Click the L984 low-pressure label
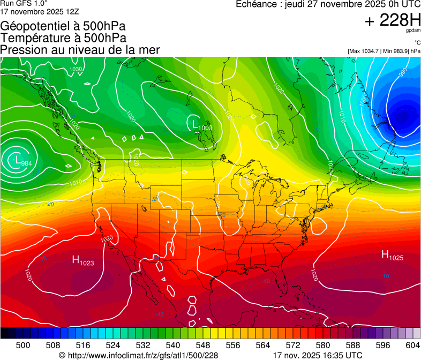(22, 161)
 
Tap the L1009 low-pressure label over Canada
(201, 126)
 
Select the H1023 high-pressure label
(82, 261)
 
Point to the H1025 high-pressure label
(392, 256)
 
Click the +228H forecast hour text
(393, 21)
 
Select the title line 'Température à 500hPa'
(63, 38)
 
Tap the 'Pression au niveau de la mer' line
(80, 50)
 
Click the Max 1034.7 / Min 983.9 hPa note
(384, 51)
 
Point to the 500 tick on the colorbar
(23, 344)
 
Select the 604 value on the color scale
(413, 344)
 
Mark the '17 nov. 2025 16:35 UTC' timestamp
(317, 355)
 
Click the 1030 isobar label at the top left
(76, 70)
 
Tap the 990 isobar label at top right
(402, 71)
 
